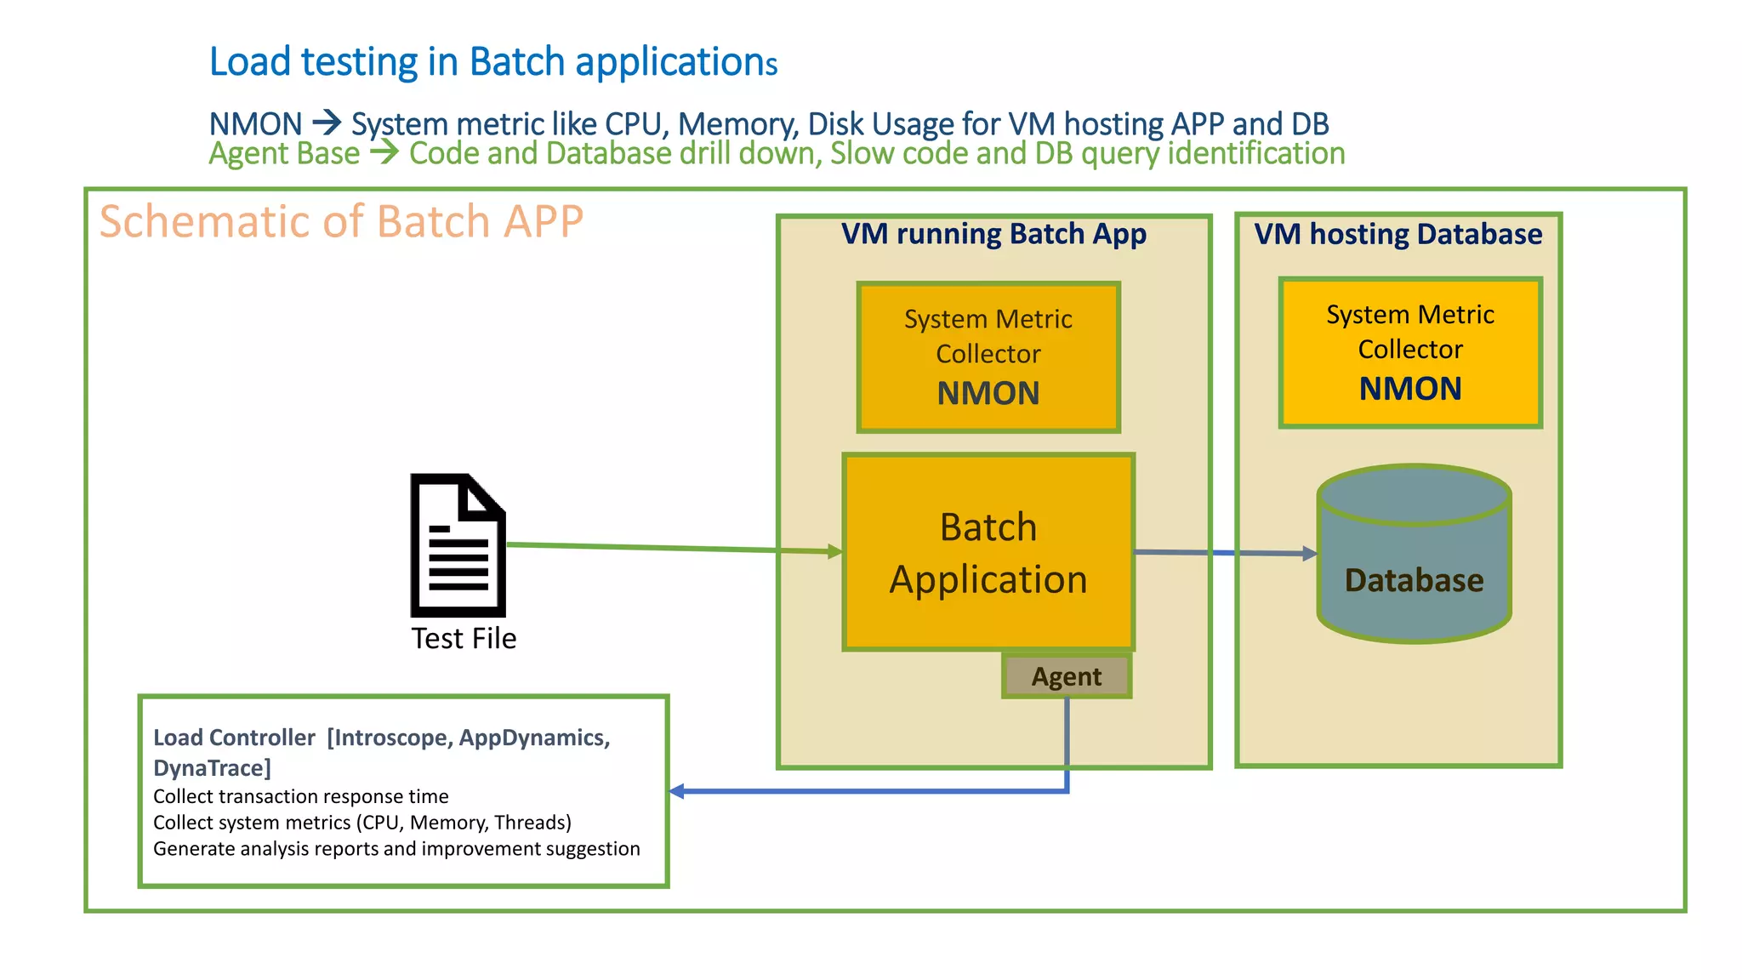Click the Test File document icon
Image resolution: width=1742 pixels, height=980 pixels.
[458, 545]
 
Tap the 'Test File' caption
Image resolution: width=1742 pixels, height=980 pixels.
[464, 638]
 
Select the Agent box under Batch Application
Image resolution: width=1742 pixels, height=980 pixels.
[1067, 676]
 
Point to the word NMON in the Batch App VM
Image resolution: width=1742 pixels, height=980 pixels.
[988, 393]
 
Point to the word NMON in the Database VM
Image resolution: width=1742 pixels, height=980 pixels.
[1409, 389]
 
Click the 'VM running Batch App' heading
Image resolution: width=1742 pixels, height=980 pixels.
[993, 234]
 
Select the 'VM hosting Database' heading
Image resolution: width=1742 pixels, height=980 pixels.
[1398, 234]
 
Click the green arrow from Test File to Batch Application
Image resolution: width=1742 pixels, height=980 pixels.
[672, 549]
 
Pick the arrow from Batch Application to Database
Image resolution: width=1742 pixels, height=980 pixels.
[1225, 553]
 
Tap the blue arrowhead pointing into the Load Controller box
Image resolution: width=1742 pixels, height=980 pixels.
[677, 791]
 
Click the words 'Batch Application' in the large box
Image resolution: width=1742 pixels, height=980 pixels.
[988, 553]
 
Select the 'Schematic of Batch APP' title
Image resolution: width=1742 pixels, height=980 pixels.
[341, 221]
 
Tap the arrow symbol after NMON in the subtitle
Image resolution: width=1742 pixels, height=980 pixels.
[327, 124]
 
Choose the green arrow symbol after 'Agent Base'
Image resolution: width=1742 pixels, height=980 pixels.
[384, 153]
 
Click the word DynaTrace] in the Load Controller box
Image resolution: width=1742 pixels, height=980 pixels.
[212, 768]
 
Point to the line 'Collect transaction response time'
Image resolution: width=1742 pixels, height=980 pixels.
[300, 796]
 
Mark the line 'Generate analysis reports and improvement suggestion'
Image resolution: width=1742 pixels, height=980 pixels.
[396, 849]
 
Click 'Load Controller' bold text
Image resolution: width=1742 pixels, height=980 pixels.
[234, 738]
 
